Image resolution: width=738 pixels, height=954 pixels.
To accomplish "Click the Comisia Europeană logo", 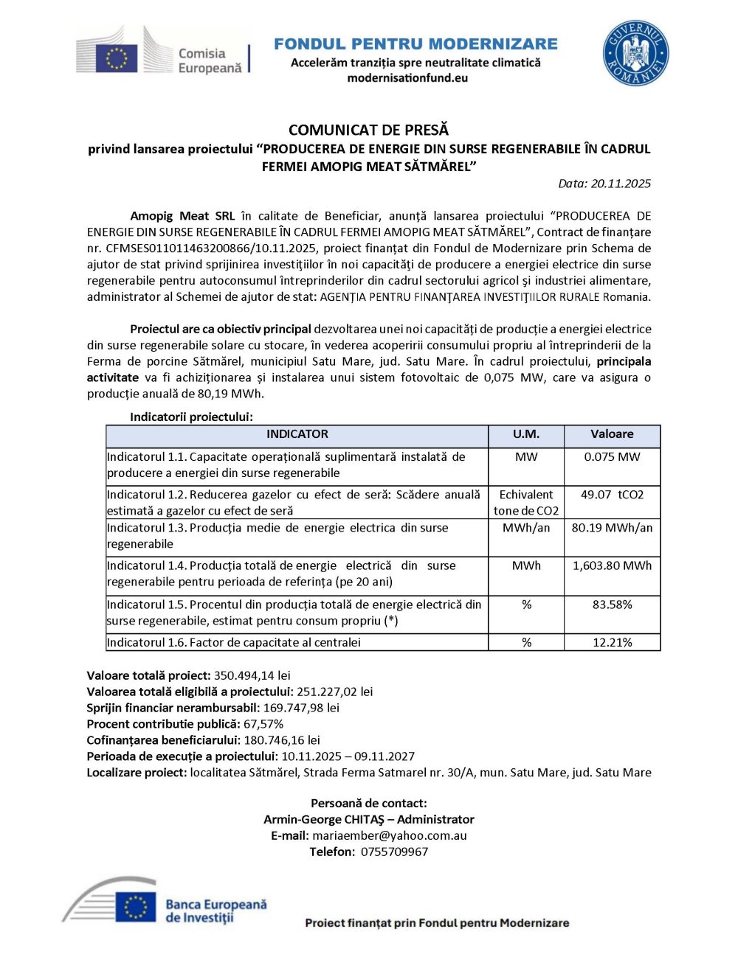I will pos(162,53).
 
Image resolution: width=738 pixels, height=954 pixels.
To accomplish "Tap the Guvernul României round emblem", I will pos(635,53).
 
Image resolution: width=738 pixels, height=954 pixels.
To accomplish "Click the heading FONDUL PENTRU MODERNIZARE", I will pos(415,44).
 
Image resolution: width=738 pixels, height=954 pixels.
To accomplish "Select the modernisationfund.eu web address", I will pos(407,78).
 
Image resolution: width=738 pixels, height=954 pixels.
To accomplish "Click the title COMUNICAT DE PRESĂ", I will pos(368,130).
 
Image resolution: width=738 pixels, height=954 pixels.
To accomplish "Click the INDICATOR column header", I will pos(297,434).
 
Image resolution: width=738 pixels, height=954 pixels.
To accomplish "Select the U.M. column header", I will pos(525,434).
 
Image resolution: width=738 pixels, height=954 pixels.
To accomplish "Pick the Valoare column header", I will pos(612,434).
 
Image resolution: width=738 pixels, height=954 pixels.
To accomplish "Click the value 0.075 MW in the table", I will pos(612,457).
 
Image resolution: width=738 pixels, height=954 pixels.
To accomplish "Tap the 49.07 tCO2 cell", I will pos(612,495).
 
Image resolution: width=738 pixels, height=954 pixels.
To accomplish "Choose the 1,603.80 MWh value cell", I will pos(612,565).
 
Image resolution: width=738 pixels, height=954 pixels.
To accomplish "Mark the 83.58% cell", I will pos(612,605).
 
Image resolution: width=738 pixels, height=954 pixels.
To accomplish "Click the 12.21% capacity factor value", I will pos(612,642).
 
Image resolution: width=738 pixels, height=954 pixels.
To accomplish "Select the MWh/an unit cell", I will pos(525,528).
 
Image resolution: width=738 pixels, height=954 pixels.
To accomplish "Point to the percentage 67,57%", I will pos(263,724).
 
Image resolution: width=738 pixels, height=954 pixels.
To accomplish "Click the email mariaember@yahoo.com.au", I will pos(389,835).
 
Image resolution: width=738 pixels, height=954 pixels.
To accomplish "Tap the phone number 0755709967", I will pos(394,852).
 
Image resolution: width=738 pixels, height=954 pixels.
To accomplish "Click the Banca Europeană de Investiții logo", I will pos(166,903).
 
